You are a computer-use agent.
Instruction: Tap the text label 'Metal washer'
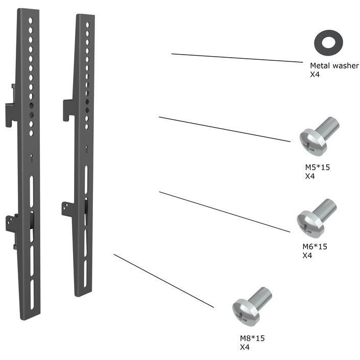tap(334, 66)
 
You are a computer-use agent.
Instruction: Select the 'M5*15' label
tap(317, 167)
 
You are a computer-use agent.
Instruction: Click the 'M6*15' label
tap(315, 247)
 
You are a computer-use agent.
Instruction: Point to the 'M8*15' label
tap(252, 338)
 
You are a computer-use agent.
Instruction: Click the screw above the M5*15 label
tap(319, 136)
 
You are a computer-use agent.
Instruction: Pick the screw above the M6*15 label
tap(317, 218)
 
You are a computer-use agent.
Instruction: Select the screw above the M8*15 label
tap(252, 306)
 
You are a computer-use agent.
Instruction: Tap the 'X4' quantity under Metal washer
tap(315, 75)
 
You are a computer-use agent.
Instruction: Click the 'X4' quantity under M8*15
tap(245, 347)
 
